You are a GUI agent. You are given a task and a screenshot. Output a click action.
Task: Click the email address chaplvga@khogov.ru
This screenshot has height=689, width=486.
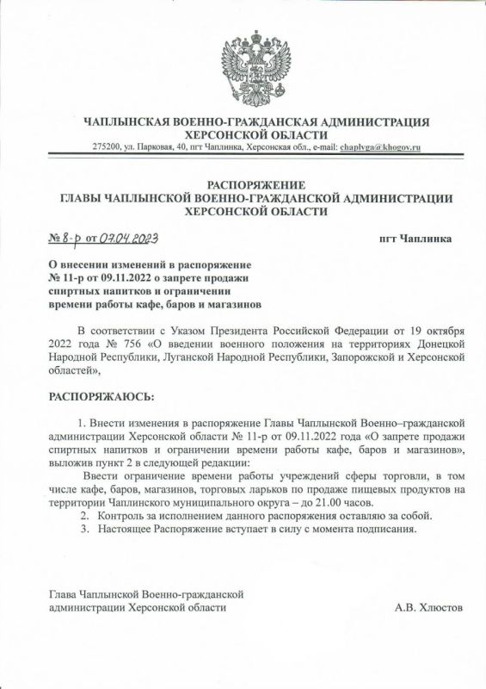(380, 148)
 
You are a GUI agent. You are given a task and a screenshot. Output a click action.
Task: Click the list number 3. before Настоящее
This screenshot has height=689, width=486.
(84, 529)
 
